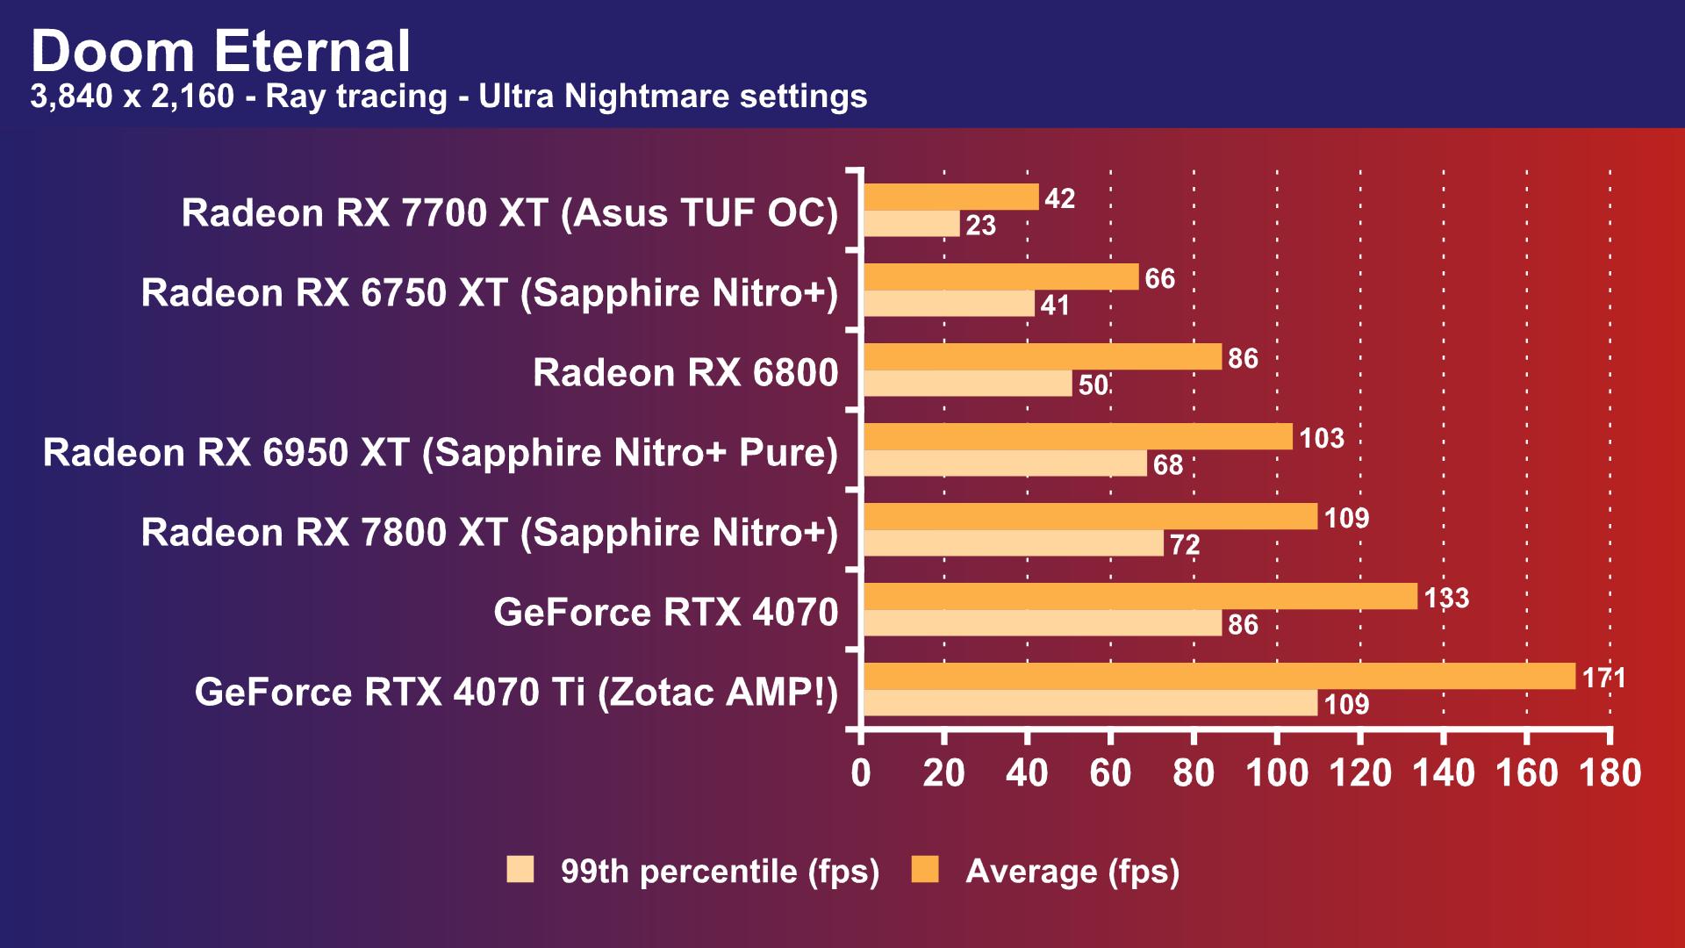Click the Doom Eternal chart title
tap(220, 51)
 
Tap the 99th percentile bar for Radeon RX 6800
tap(967, 384)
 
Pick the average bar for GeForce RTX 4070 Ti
tap(1219, 677)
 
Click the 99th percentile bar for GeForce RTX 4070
tap(1042, 623)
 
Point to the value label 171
tap(1604, 678)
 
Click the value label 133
tap(1446, 598)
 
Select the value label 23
tap(980, 226)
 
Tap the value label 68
tap(1167, 464)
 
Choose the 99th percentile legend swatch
tap(520, 870)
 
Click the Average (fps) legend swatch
tap(925, 870)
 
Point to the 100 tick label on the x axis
tap(1277, 773)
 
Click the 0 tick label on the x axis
tap(861, 773)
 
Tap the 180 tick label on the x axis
tap(1610, 773)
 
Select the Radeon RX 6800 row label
tap(685, 373)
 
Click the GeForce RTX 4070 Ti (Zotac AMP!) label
tap(516, 693)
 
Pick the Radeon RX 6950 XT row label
tap(441, 453)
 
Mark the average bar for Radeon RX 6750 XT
tap(1000, 277)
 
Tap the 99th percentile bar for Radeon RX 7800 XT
tap(1013, 543)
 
